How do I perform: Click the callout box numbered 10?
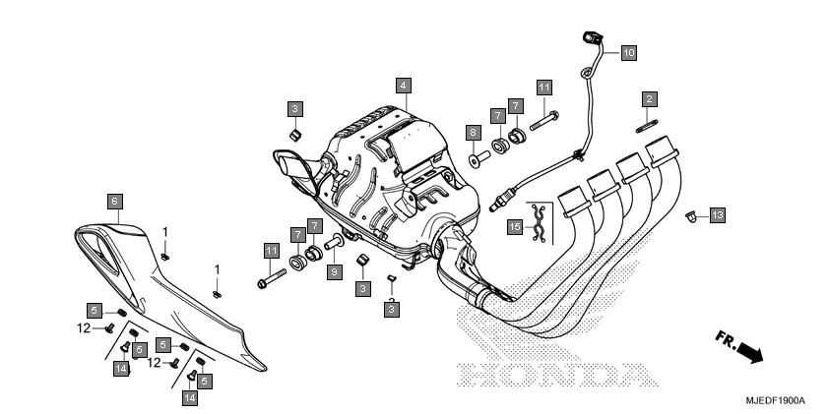click(x=628, y=53)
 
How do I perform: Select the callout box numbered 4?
click(x=404, y=86)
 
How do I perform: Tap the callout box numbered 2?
click(x=650, y=98)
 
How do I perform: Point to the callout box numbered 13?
click(x=717, y=215)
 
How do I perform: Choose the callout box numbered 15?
click(x=515, y=227)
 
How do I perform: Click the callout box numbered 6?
click(x=115, y=202)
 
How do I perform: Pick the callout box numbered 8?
click(x=474, y=133)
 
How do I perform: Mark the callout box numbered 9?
click(x=334, y=272)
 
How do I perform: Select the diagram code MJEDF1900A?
click(x=775, y=401)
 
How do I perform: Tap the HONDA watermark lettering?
click(x=558, y=376)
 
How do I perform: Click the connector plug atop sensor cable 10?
click(x=592, y=37)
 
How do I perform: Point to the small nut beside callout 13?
click(x=690, y=216)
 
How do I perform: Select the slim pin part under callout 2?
click(x=647, y=127)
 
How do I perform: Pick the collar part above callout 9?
click(x=335, y=243)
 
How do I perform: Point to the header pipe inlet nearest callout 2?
click(x=662, y=148)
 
